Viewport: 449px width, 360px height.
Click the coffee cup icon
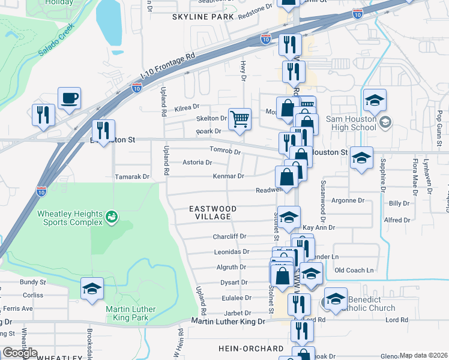(x=69, y=97)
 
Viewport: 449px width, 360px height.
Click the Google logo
(x=20, y=353)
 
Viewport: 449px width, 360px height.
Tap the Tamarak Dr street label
(x=131, y=177)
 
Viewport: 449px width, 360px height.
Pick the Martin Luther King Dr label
(x=228, y=322)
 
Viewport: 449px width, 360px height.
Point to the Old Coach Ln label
(x=354, y=271)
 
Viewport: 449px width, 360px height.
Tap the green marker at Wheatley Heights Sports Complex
(x=111, y=216)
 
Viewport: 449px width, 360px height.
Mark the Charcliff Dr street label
(x=230, y=237)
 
